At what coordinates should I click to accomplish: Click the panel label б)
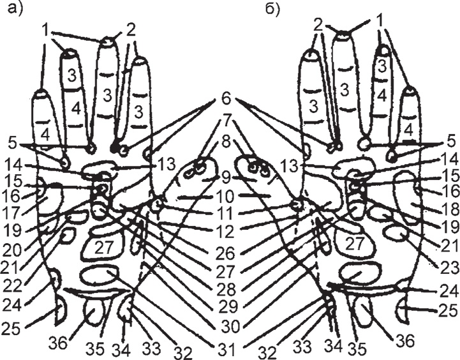[269, 10]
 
